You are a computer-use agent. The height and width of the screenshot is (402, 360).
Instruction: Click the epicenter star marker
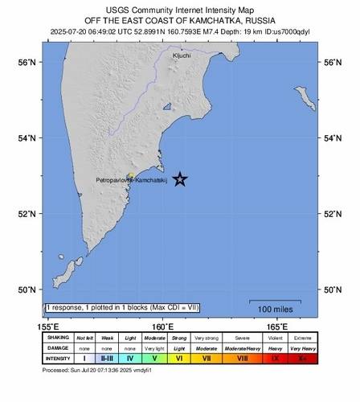[x=181, y=179]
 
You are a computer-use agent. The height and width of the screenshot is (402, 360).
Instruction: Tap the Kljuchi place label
[x=182, y=55]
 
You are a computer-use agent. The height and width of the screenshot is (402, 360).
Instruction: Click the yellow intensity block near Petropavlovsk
[x=130, y=174]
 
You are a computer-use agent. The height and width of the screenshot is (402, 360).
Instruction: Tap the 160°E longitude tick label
[x=164, y=326]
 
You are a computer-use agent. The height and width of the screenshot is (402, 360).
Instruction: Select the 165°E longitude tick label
[x=278, y=326]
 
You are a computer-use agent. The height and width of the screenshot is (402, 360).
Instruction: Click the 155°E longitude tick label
[x=48, y=326]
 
